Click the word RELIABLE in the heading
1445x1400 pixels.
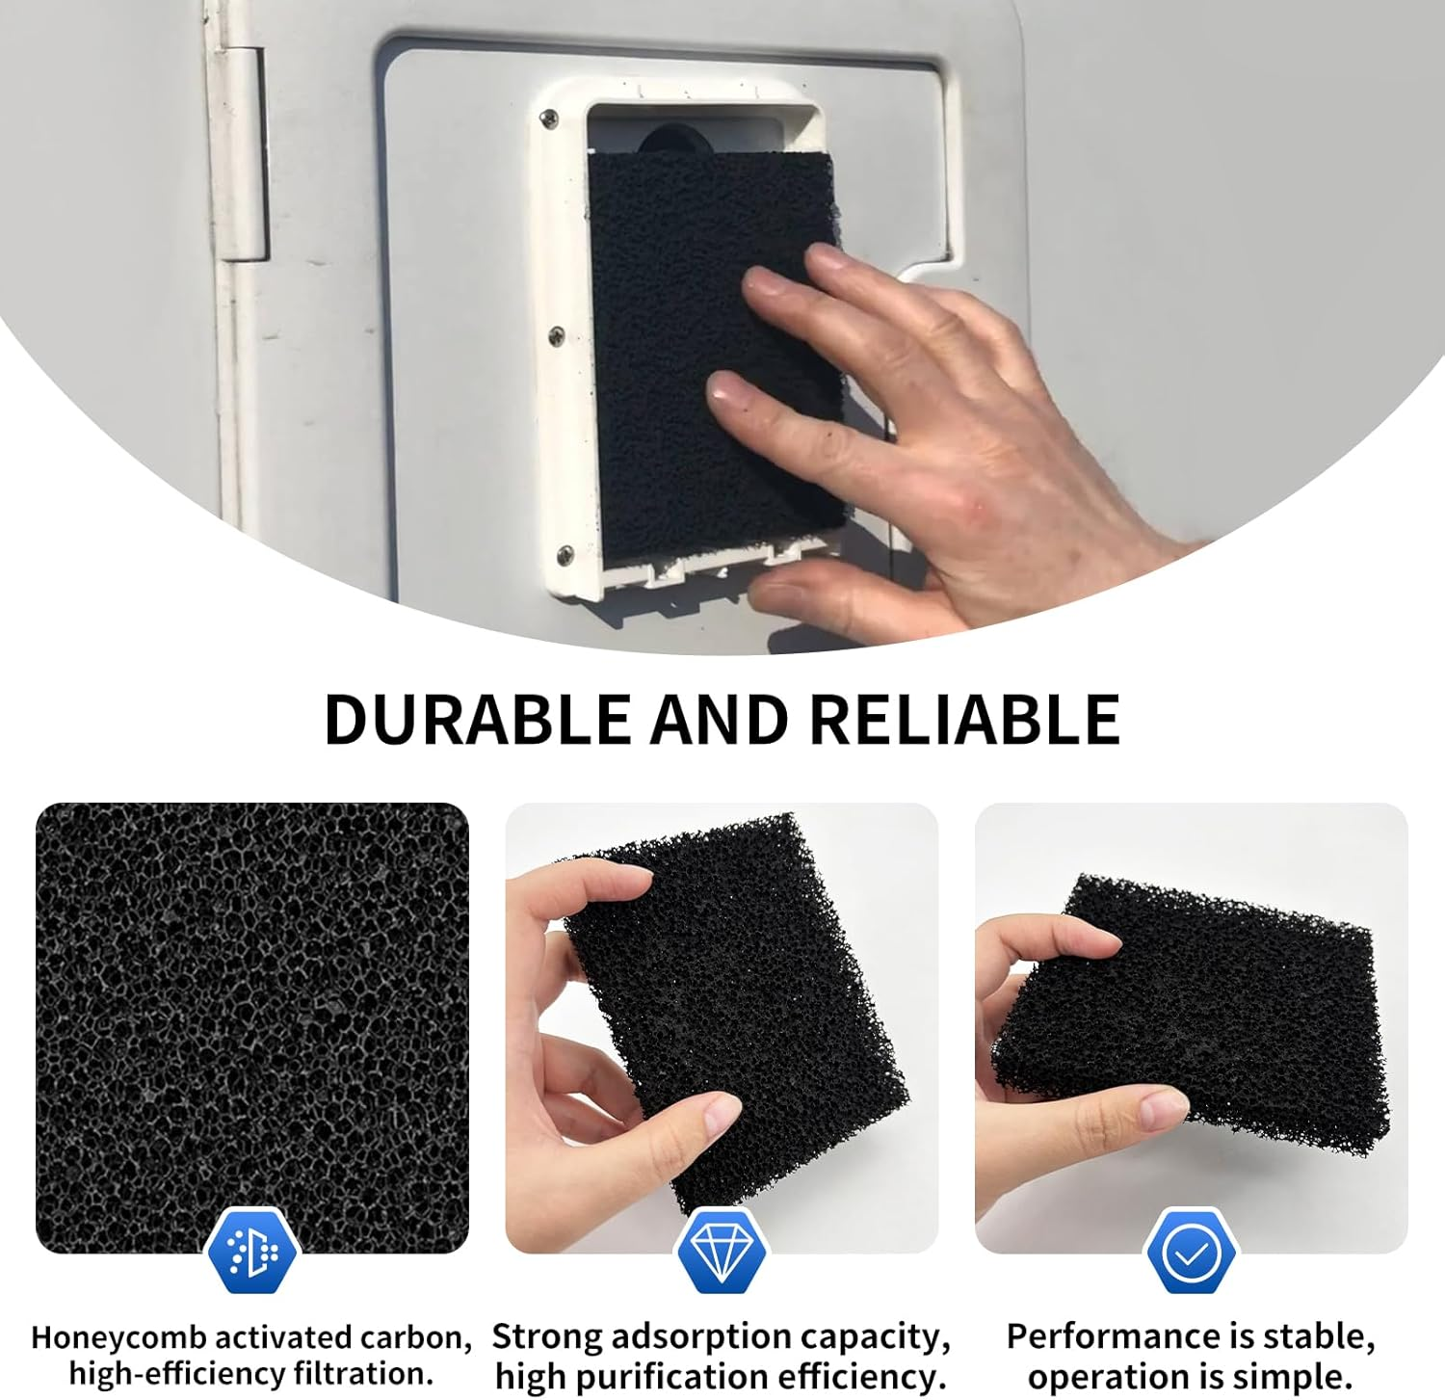coord(964,719)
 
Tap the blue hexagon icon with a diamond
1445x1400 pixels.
coord(722,1251)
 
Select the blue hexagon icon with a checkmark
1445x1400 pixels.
coord(1191,1251)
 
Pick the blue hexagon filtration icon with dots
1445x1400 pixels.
coord(252,1251)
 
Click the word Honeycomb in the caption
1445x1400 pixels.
coord(118,1338)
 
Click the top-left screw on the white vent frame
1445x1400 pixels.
coord(549,119)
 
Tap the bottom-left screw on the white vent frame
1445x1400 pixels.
coord(565,554)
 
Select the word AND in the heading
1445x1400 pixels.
coord(719,719)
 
